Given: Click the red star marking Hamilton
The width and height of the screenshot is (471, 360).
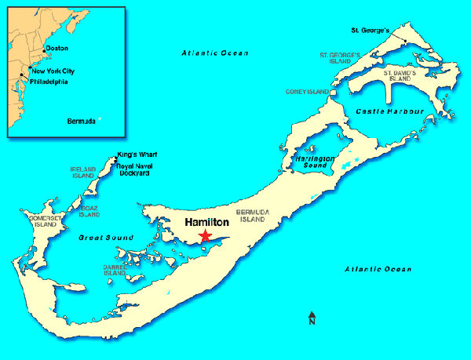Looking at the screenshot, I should tap(206, 236).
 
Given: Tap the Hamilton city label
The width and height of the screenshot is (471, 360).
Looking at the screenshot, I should tap(206, 223).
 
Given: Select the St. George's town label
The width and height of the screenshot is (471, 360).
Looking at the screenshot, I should tap(369, 31).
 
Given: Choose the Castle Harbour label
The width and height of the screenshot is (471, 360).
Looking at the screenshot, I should tap(389, 112).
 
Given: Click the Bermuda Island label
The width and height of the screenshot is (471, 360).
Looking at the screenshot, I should tap(254, 216).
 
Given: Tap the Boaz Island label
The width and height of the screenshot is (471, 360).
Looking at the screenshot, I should tap(89, 210).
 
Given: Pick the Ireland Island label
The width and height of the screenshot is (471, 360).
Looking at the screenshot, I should tap(83, 173).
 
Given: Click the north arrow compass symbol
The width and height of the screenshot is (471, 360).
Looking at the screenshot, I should tap(312, 318).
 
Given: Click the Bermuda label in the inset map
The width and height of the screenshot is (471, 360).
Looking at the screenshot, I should tap(81, 121).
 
